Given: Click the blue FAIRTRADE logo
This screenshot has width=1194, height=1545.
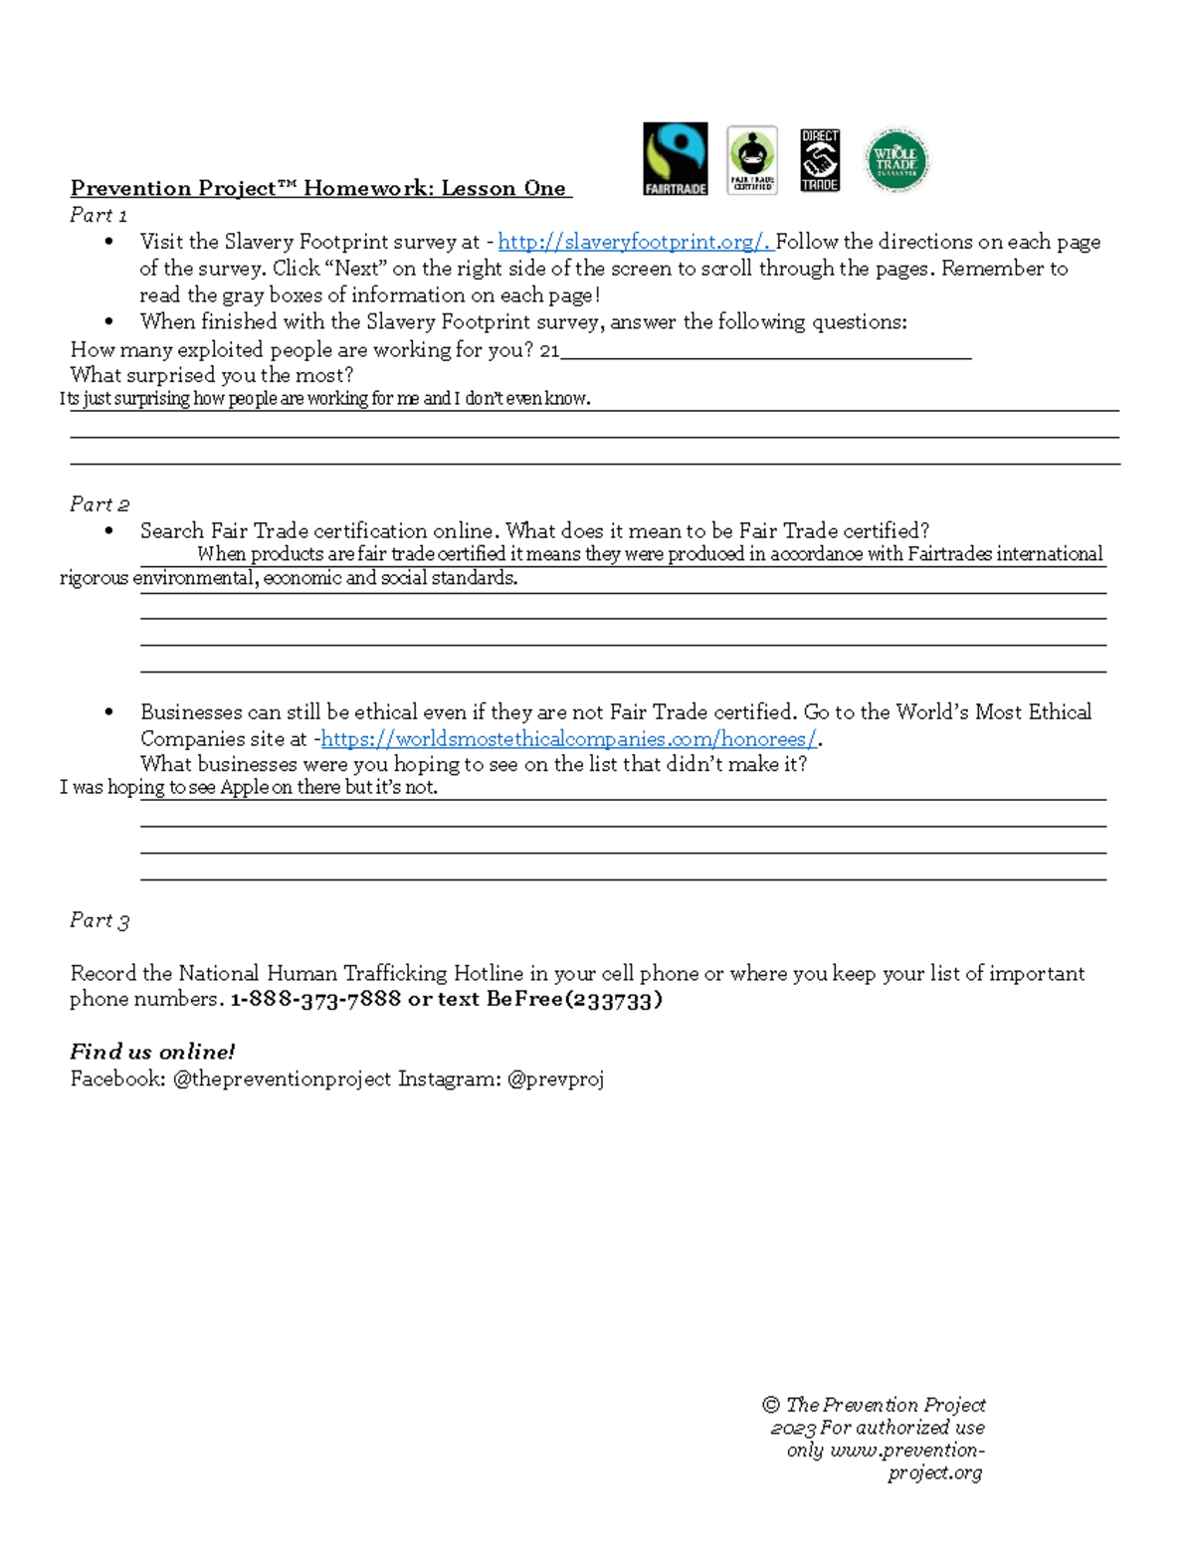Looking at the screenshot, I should pyautogui.click(x=675, y=158).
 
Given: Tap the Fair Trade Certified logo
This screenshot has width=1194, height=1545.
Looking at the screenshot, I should pyautogui.click(x=752, y=159).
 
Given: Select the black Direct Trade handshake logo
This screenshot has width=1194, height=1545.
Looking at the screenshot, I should pyautogui.click(x=820, y=159).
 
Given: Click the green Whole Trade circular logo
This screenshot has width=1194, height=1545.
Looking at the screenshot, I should pyautogui.click(x=896, y=159).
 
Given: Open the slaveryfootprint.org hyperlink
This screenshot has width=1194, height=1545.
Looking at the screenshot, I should pyautogui.click(x=634, y=242).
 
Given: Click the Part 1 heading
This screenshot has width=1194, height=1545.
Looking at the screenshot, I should pyautogui.click(x=99, y=215).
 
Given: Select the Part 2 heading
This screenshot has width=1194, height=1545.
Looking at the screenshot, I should pyautogui.click(x=99, y=504).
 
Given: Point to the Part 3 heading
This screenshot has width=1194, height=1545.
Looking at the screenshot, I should pyautogui.click(x=99, y=920).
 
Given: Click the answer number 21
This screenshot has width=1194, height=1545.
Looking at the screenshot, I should pyautogui.click(x=549, y=350).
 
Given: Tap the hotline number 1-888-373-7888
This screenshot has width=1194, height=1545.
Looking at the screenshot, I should pyautogui.click(x=315, y=1000).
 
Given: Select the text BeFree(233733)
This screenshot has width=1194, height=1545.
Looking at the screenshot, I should pyautogui.click(x=574, y=1000).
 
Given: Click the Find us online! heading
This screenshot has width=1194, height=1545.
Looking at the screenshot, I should pyautogui.click(x=152, y=1052).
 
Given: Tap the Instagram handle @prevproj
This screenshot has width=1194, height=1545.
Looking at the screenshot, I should pyautogui.click(x=555, y=1078).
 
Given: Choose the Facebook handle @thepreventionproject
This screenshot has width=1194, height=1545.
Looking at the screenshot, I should pyautogui.click(x=282, y=1078).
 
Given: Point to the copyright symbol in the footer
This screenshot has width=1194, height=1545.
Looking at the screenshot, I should pyautogui.click(x=770, y=1405).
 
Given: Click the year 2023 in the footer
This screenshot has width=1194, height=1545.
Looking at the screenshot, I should pyautogui.click(x=793, y=1429).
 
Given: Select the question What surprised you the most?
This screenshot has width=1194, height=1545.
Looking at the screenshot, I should pyautogui.click(x=212, y=375).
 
